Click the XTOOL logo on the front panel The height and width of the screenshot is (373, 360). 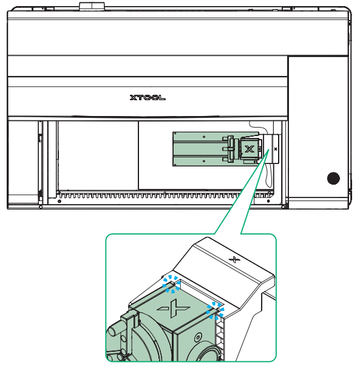click(x=148, y=98)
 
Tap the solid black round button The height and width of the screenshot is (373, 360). click(x=333, y=178)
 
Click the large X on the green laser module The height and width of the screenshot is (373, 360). click(x=249, y=149)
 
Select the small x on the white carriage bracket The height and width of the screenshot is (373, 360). click(x=276, y=149)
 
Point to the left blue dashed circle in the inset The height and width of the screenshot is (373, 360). click(x=171, y=284)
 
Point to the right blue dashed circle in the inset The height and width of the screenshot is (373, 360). click(x=215, y=310)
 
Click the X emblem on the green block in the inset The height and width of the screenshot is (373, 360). click(x=174, y=308)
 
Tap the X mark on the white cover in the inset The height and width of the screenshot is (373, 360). click(x=234, y=259)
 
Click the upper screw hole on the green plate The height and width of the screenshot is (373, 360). click(x=204, y=137)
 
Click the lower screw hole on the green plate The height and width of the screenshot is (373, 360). click(x=204, y=161)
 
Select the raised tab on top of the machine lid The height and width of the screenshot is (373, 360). click(x=92, y=6)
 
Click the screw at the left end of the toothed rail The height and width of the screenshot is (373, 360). click(x=59, y=201)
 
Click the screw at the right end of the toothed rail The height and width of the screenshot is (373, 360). click(x=268, y=201)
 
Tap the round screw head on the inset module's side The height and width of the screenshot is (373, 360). click(x=198, y=337)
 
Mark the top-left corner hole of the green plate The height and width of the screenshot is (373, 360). click(x=175, y=134)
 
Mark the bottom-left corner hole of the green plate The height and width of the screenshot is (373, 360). click(x=175, y=165)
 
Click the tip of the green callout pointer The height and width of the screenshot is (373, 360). click(x=269, y=149)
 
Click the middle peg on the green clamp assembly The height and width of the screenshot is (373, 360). click(x=225, y=149)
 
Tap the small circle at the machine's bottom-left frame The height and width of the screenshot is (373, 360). click(x=41, y=207)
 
